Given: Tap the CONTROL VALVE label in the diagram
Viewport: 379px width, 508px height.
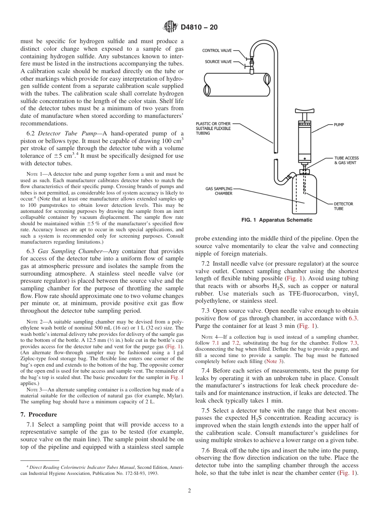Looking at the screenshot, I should (217, 51).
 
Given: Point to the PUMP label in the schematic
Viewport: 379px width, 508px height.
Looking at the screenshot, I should (339, 125).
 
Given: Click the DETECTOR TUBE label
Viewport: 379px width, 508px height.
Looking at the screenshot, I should (343, 206).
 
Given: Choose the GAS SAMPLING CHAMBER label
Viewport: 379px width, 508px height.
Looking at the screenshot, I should (219, 191).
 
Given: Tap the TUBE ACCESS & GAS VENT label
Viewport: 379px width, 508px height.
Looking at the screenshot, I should (345, 160).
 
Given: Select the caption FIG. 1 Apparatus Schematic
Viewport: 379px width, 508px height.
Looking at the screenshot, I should (277, 220).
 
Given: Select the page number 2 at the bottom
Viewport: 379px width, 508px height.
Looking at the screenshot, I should (189, 491).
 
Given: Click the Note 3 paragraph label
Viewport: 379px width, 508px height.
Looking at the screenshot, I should (35, 389).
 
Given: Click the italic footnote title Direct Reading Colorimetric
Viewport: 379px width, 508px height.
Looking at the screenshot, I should (68, 467).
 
